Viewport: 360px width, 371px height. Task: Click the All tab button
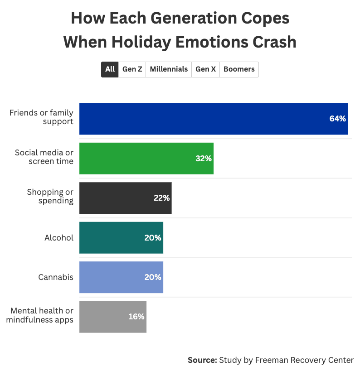pos(110,69)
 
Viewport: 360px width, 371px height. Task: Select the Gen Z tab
pos(132,69)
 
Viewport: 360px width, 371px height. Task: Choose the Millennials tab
pos(169,69)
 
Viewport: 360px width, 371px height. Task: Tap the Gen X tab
pos(205,69)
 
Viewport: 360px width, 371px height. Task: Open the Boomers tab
pos(239,69)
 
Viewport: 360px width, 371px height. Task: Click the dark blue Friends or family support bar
pos(213,119)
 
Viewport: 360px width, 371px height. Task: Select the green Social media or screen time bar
pos(146,159)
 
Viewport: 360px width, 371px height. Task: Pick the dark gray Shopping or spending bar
pos(125,198)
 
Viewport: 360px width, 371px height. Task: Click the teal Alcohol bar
pos(121,237)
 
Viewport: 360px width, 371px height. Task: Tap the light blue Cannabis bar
pos(121,277)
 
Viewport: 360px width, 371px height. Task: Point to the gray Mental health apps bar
pos(112,317)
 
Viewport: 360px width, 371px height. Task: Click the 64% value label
pos(337,119)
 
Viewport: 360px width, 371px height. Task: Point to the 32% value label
pos(204,159)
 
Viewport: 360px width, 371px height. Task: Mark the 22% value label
pos(161,198)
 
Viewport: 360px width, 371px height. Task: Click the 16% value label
pos(136,317)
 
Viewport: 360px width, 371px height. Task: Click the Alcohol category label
pos(59,237)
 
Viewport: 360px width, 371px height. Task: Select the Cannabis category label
pos(56,277)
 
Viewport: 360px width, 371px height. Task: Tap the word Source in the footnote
pos(202,360)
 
